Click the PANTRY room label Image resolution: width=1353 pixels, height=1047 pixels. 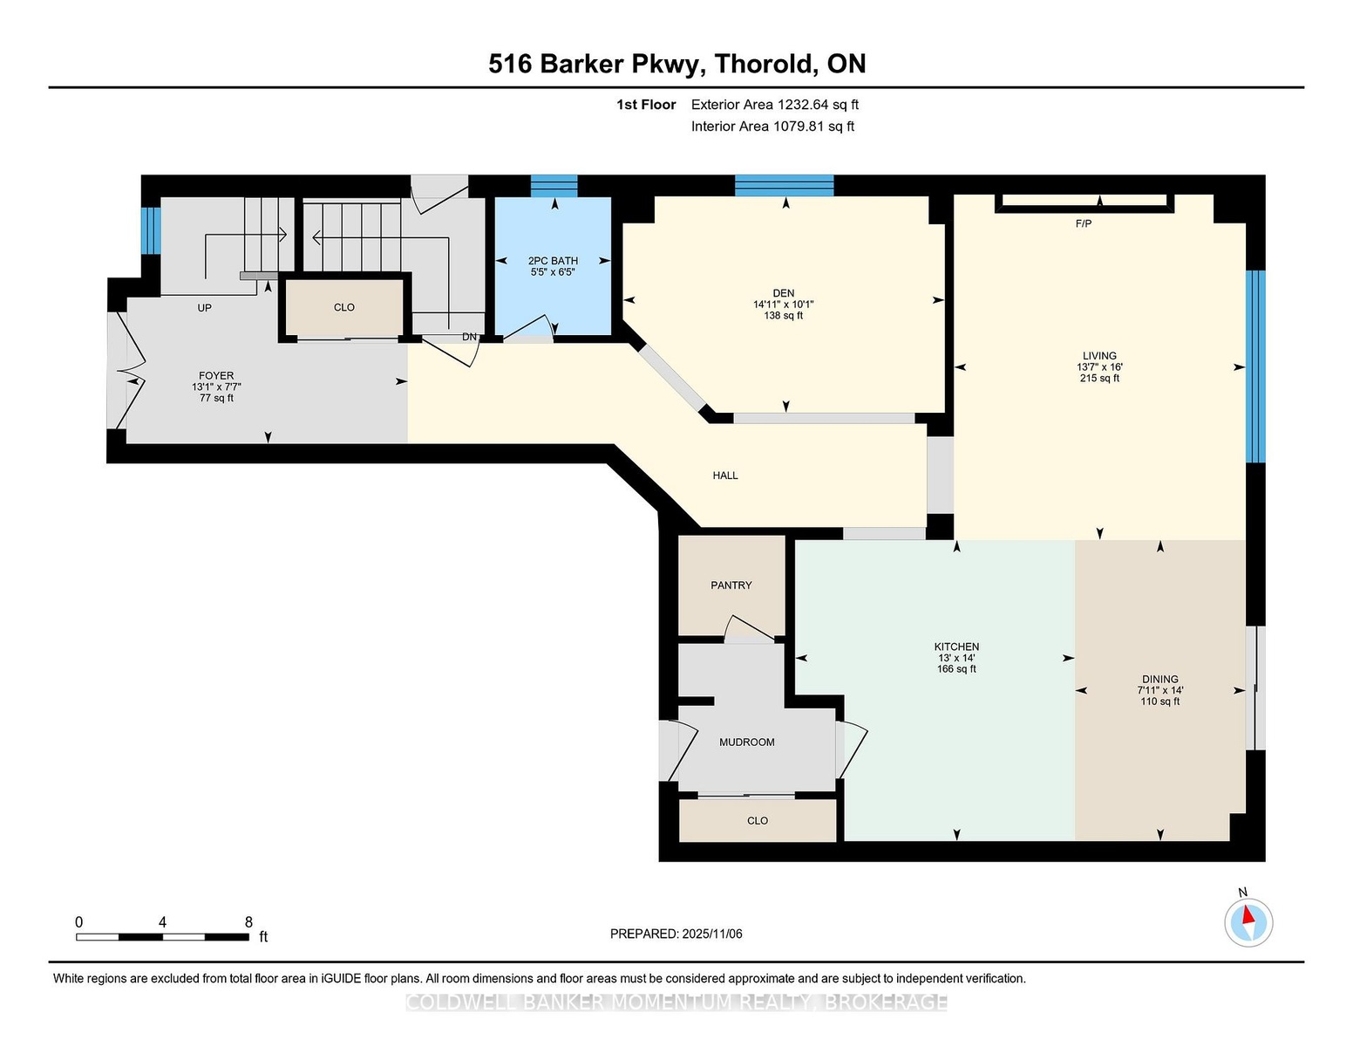coord(731,585)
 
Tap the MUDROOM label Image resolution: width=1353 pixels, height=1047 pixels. coord(746,742)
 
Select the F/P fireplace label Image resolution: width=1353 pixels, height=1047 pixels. coord(1084,223)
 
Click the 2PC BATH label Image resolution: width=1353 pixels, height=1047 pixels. coord(553,261)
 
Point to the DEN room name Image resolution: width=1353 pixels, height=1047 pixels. coord(783,293)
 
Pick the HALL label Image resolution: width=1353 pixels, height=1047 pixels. coord(725,476)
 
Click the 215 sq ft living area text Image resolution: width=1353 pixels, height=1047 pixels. coord(1099,378)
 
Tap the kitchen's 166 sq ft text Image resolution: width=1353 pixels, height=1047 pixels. coord(956,669)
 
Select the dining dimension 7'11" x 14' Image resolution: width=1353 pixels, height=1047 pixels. coord(1160,690)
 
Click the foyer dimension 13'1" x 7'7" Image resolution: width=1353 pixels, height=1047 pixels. coord(216,387)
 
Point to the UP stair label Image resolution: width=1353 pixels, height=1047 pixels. coord(204,308)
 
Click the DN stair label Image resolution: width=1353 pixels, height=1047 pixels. coord(469,337)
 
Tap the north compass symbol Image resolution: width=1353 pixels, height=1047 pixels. coord(1248,922)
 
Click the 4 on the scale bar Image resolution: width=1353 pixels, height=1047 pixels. coord(162,922)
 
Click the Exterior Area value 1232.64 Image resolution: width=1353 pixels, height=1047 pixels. coord(803,105)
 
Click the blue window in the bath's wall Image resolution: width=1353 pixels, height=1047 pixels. coord(554,186)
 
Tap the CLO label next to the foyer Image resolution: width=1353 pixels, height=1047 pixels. coord(343,308)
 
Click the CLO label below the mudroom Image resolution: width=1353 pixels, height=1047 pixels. coord(757,821)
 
